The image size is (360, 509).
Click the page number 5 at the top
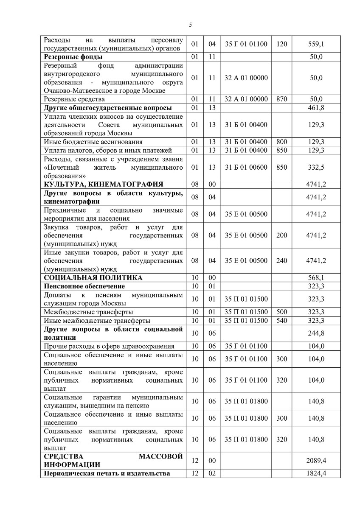(x=190, y=25)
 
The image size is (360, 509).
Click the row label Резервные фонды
(x=73, y=57)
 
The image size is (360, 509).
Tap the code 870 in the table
(x=281, y=99)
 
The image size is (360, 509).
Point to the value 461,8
(x=316, y=108)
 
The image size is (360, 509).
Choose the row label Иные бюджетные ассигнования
(x=93, y=142)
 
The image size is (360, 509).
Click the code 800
(x=281, y=142)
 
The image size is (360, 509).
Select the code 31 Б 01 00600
(x=246, y=167)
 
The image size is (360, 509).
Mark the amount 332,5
(x=316, y=167)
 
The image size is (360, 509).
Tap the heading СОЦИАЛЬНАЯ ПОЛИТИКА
(x=93, y=278)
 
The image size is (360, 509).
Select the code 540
(x=281, y=320)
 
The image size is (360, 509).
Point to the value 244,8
(x=316, y=333)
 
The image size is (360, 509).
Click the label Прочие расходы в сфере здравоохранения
(x=109, y=346)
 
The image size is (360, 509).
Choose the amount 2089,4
(x=316, y=461)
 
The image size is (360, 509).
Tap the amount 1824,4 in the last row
(x=316, y=473)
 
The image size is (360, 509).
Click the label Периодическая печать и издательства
(x=107, y=473)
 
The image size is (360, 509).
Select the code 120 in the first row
(x=281, y=44)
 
